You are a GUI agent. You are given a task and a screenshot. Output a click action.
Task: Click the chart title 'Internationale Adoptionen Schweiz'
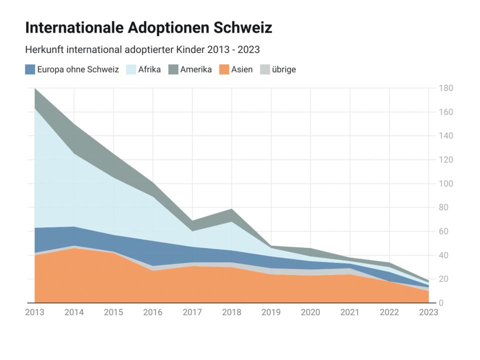[148, 27]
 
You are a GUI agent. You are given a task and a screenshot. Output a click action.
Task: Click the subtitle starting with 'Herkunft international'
[142, 50]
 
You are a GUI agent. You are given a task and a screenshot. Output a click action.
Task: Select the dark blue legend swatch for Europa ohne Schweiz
[30, 69]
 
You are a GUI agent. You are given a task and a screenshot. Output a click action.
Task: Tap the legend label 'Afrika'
[149, 69]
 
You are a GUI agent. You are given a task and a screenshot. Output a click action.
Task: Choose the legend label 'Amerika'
[196, 69]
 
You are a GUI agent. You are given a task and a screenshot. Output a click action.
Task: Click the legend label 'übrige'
[284, 69]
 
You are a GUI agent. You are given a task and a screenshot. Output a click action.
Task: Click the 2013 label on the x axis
[34, 312]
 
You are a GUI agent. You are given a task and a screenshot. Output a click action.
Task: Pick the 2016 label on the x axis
[153, 312]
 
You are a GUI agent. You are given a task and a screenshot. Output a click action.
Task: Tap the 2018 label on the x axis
[231, 312]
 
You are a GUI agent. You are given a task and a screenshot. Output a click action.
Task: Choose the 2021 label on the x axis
[350, 312]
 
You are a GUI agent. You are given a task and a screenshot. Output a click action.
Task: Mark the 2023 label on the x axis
[428, 312]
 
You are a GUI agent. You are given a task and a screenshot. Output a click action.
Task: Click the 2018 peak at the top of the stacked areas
[231, 209]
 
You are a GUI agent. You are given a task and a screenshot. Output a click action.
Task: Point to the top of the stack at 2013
[35, 88]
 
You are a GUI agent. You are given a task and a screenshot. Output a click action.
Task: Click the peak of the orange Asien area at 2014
[74, 248]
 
